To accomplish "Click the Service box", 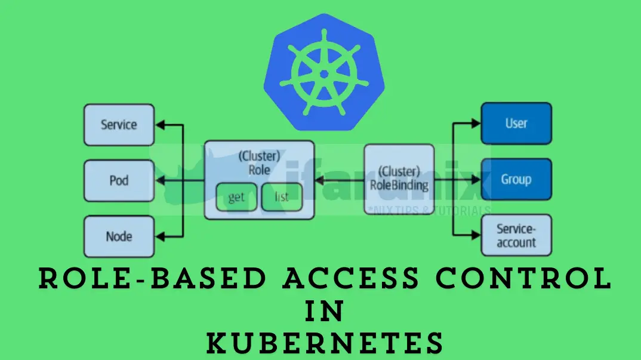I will click(119, 125).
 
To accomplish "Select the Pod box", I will click(119, 180).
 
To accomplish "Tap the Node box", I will click(119, 236).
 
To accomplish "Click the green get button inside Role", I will click(236, 197).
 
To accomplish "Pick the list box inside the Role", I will click(282, 197).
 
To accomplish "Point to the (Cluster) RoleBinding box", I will click(399, 179).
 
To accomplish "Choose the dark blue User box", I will click(516, 124).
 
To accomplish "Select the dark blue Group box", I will click(516, 179).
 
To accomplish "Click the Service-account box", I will click(516, 236).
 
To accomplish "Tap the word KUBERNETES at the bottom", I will click(325, 344).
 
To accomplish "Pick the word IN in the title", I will click(324, 312).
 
